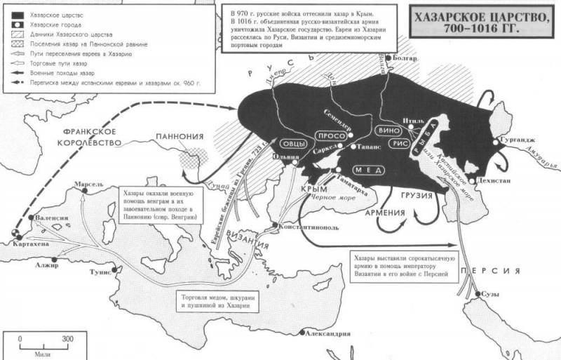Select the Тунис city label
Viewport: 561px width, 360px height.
pyautogui.click(x=102, y=272)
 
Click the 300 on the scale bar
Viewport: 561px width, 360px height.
pyautogui.click(x=67, y=339)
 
